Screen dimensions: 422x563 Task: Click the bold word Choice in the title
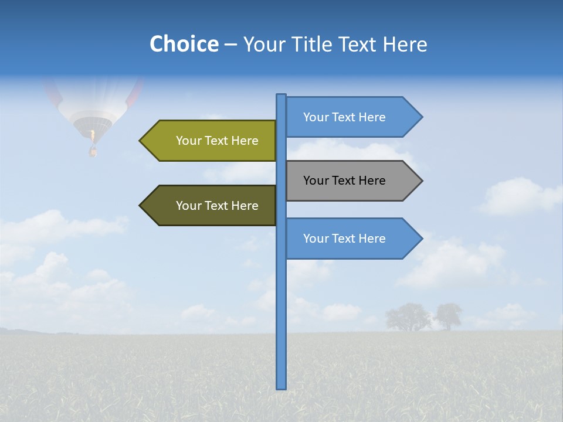[184, 44]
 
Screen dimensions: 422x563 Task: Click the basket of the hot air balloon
[92, 151]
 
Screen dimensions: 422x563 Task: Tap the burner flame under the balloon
[92, 136]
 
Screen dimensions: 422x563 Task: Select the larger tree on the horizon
[405, 316]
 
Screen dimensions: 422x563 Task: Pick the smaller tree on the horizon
[449, 315]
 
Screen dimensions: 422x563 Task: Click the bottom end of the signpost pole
[281, 387]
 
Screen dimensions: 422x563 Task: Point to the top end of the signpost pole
[281, 96]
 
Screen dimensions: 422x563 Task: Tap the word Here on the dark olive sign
[245, 206]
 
